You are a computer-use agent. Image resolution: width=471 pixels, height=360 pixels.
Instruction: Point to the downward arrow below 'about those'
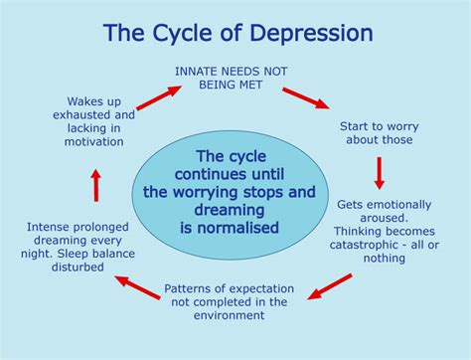pos(379,173)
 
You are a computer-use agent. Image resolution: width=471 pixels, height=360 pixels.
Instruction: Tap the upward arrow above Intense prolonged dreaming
pos(95,184)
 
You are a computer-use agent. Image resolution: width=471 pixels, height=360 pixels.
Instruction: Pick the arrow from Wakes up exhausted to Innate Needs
pos(159,96)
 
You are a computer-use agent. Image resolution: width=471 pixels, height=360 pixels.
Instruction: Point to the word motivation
pos(95,142)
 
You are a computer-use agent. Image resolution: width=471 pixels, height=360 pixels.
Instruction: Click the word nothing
pos(385,259)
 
